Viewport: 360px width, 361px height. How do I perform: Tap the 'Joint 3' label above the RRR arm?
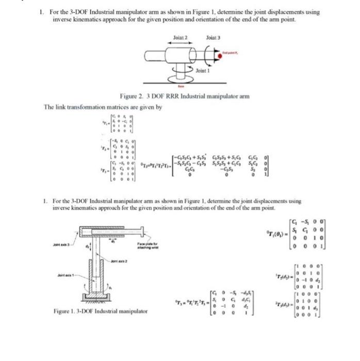coord(212,38)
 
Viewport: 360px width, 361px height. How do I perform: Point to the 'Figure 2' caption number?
coord(135,96)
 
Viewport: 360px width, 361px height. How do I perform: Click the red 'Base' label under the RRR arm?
coord(180,86)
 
